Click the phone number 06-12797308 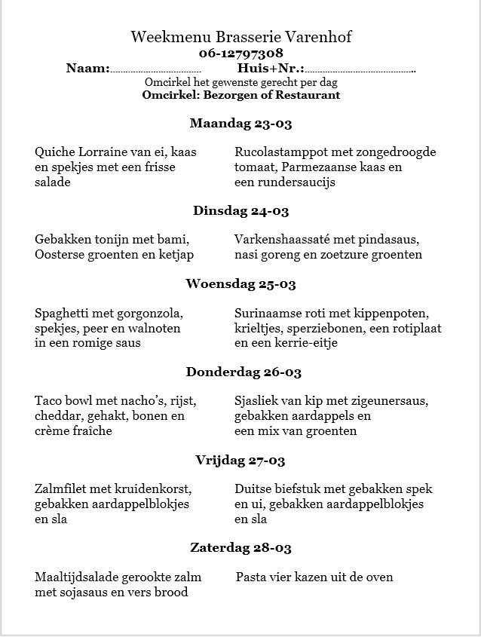[241, 53]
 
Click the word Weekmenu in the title [161, 37]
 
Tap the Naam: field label [88, 69]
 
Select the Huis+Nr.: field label [271, 69]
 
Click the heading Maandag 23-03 [240, 123]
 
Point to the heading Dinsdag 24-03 [240, 211]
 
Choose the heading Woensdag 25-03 [240, 284]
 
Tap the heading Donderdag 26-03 [240, 372]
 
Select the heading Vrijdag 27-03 [240, 460]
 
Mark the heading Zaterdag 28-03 [240, 548]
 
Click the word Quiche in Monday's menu [54, 152]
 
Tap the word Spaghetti [63, 313]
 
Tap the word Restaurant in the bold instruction [308, 96]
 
